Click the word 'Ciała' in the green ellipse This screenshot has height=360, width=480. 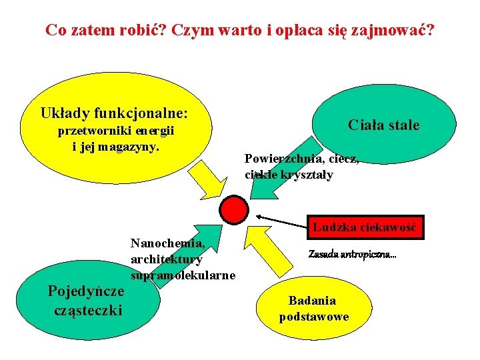[365, 125]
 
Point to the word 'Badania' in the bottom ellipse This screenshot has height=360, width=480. [312, 301]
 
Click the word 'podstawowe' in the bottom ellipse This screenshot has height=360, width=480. [313, 316]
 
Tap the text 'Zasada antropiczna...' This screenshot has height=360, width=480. [352, 254]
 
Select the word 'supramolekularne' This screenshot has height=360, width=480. [183, 275]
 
